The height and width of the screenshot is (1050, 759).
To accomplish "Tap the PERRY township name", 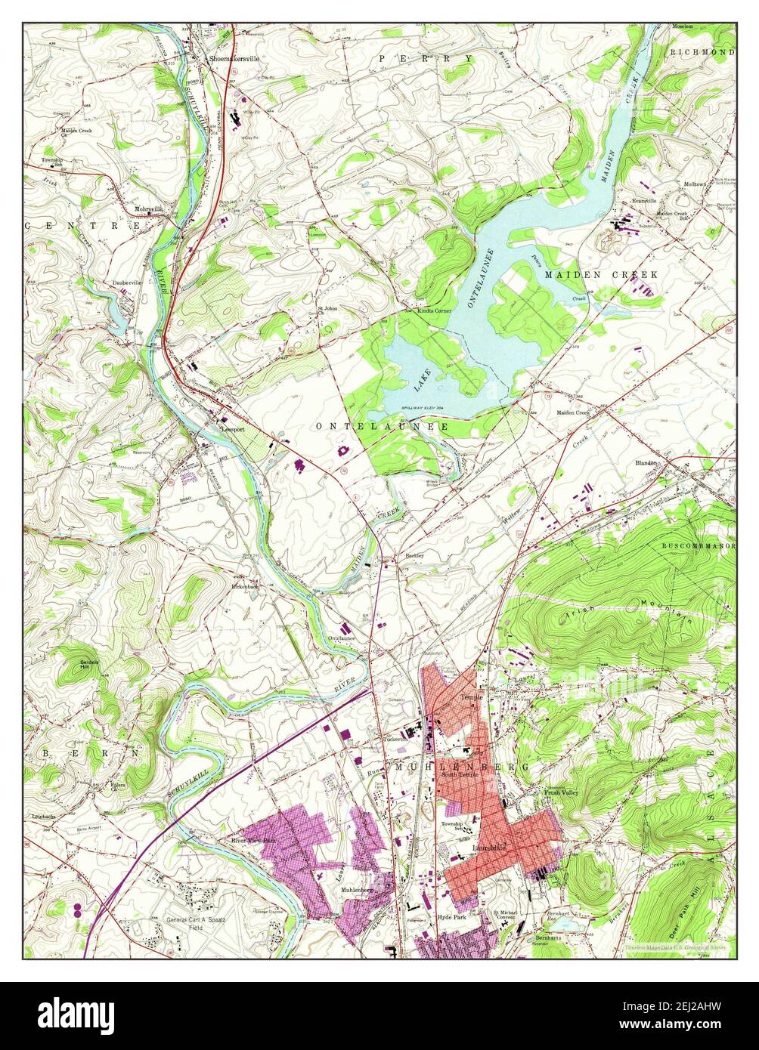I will coord(426,58).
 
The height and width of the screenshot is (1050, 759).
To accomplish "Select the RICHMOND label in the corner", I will coord(702,52).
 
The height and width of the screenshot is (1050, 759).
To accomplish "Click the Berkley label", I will coord(414,556).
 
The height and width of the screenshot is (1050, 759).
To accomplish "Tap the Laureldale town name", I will coord(488,848).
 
